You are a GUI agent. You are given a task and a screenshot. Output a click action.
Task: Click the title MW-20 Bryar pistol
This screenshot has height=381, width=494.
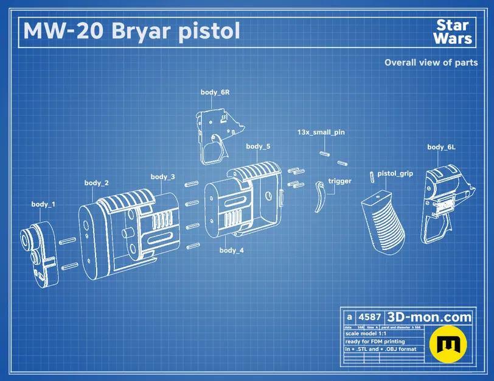(131, 30)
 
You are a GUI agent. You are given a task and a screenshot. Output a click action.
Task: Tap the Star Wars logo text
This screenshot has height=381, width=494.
(454, 32)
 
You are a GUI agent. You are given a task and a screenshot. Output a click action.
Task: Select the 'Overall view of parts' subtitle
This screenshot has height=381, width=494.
(431, 62)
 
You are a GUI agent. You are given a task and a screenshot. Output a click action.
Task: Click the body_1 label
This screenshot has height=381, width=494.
(43, 204)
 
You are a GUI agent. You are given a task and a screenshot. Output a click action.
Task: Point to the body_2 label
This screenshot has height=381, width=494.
(97, 183)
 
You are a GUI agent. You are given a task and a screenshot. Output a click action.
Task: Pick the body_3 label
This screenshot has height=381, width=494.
(163, 177)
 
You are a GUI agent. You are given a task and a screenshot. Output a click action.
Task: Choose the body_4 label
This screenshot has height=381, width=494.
(232, 251)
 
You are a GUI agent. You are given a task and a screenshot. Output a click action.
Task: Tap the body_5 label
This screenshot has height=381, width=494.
(258, 147)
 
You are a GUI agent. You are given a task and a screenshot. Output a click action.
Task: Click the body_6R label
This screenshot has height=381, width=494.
(215, 93)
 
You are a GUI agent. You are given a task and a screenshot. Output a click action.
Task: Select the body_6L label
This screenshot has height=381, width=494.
(442, 147)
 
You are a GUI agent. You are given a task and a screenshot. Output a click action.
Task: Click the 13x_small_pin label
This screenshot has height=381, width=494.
(321, 132)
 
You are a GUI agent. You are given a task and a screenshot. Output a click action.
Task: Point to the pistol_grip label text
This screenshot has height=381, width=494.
(395, 174)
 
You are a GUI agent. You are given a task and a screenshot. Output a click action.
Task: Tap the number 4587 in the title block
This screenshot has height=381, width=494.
(369, 317)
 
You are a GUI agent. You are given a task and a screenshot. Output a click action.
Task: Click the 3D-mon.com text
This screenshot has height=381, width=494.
(430, 317)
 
